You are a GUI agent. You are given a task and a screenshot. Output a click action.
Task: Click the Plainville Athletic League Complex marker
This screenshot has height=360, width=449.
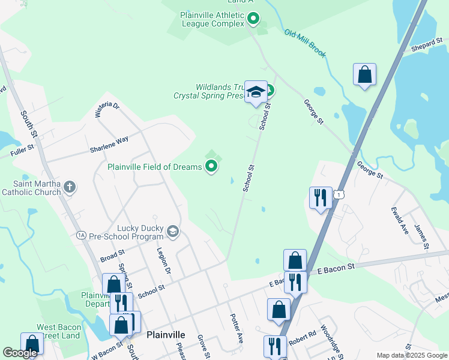(x=253, y=19)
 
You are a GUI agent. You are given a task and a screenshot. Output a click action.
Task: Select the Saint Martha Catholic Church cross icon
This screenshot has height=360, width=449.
(x=70, y=187)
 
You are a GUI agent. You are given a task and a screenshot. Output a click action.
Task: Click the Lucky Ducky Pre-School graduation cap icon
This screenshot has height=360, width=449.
(x=173, y=231)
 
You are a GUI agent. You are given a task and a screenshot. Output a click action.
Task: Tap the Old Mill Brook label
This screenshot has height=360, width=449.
(x=305, y=44)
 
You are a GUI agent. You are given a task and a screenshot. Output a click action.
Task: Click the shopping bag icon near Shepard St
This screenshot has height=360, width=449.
(x=364, y=75)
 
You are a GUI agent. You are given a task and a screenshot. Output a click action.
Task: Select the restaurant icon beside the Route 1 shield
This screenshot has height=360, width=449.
(x=320, y=197)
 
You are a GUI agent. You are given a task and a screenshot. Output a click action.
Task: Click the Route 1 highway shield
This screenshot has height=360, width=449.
(x=340, y=195)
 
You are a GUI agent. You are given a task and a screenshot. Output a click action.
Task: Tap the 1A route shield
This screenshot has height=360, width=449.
(x=82, y=235)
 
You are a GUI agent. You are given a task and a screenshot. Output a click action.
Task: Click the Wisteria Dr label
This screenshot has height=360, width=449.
(x=107, y=110)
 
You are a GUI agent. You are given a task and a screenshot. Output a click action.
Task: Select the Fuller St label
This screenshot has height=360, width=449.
(x=23, y=152)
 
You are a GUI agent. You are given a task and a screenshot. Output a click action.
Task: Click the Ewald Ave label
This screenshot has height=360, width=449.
(x=400, y=221)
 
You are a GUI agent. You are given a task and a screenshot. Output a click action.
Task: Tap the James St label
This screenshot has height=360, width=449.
(x=422, y=235)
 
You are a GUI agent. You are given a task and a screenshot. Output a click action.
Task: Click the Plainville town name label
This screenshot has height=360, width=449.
(x=166, y=335)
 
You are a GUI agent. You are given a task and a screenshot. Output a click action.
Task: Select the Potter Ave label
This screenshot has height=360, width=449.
(x=237, y=327)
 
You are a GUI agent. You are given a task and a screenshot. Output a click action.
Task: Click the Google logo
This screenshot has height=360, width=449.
(x=20, y=353)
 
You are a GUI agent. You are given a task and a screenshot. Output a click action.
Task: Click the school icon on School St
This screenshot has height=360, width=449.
(x=256, y=92)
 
